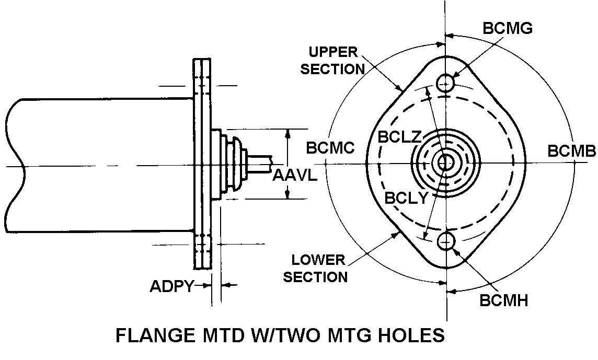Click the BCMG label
[x=507, y=28]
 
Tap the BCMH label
[x=503, y=300]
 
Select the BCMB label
[x=571, y=151]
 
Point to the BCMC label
[x=330, y=148]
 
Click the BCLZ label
[x=399, y=137]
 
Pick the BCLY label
[x=406, y=198]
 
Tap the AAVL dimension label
[x=295, y=176]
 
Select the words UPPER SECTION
[x=333, y=61]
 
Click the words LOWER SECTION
[x=316, y=268]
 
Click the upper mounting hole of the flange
[x=446, y=82]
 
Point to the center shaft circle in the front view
[x=446, y=162]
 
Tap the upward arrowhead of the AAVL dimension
[x=286, y=134]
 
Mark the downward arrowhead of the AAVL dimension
[x=286, y=194]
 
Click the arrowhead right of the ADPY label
[x=226, y=285]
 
